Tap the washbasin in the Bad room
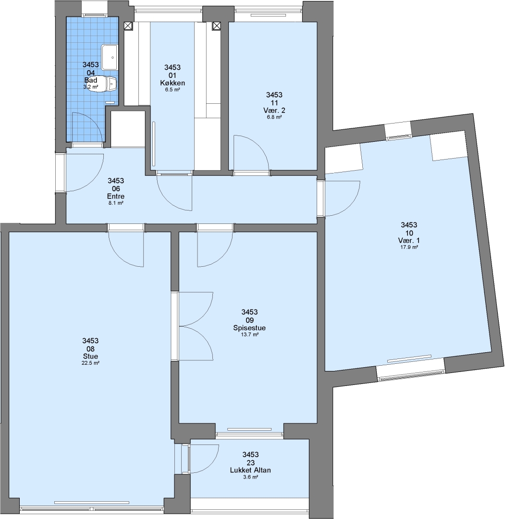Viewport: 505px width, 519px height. point(110,57)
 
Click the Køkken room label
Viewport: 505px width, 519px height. point(172,83)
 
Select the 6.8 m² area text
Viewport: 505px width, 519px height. point(274,117)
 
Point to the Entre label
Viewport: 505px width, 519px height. point(116,196)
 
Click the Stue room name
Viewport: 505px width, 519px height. point(90,356)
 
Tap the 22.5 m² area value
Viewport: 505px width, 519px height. point(90,363)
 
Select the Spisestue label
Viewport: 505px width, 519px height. point(249,328)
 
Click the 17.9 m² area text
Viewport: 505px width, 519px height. point(409,247)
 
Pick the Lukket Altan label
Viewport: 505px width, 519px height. point(250,470)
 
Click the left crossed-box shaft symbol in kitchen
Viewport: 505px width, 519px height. point(128,26)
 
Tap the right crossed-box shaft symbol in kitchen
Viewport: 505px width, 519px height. point(216,25)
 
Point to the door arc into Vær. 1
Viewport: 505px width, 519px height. point(350,206)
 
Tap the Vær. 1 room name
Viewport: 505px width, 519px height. point(409,241)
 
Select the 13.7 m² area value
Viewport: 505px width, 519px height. point(249,334)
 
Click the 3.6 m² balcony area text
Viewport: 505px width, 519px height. point(250,477)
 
